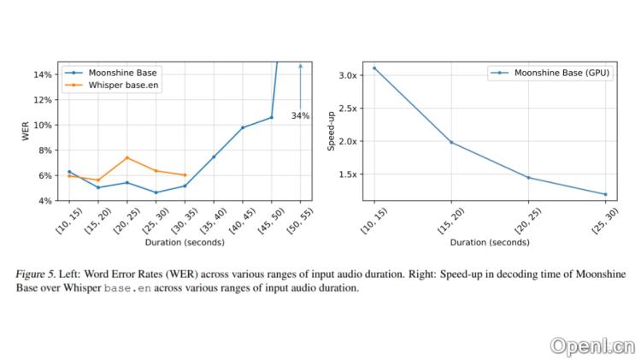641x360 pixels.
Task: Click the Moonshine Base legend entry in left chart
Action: (x=117, y=74)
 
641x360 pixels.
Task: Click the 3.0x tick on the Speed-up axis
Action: (x=347, y=75)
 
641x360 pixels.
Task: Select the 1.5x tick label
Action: (x=347, y=174)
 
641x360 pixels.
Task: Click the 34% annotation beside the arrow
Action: (x=300, y=115)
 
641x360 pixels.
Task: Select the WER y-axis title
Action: (x=25, y=133)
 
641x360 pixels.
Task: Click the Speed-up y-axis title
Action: (x=332, y=133)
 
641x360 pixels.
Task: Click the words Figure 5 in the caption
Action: (x=37, y=274)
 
